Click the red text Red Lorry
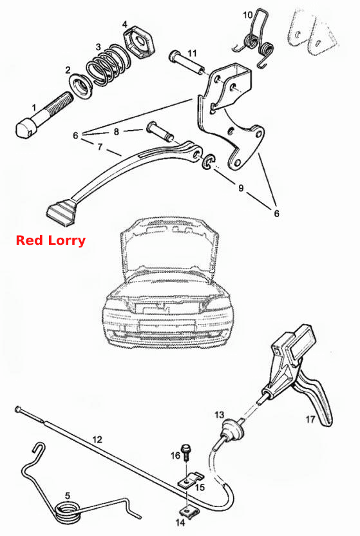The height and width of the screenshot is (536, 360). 50,240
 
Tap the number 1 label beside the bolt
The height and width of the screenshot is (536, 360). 34,108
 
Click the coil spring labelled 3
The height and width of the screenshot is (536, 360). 108,64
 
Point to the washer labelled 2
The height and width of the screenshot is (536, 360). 81,87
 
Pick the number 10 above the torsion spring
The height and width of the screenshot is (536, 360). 248,15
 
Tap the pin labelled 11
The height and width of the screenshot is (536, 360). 186,62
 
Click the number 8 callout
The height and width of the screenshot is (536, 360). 116,131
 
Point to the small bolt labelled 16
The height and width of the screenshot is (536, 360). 187,452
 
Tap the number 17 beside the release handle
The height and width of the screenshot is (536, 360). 310,419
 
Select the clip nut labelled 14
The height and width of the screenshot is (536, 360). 186,512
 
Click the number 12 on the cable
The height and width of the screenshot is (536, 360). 97,439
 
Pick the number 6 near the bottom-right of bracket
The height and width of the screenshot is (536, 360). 276,213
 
